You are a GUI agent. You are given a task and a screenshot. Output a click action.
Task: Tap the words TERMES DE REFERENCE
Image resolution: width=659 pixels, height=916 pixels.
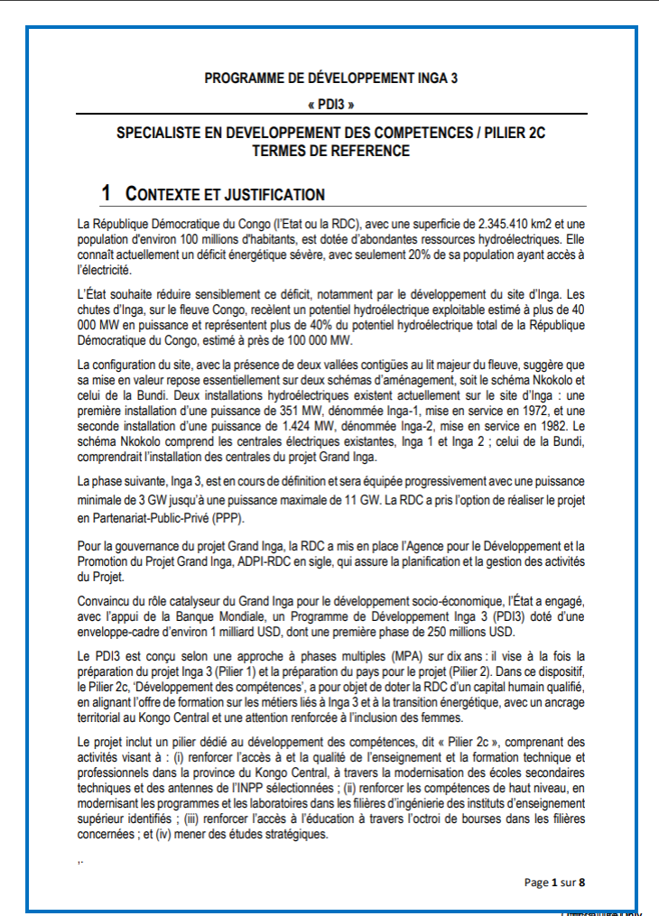tap(331, 151)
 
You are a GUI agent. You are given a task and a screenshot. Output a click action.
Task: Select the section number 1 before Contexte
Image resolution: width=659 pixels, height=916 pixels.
tap(107, 193)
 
